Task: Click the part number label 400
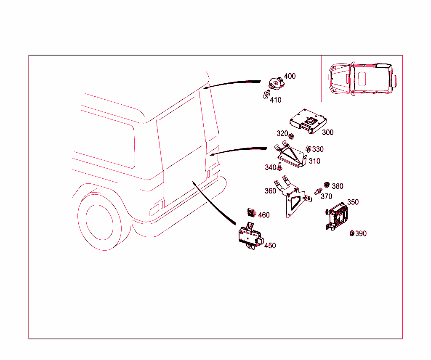click(290, 76)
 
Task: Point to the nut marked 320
click(291, 136)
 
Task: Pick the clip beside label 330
click(308, 149)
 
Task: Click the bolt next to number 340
click(280, 167)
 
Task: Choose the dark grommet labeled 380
click(326, 185)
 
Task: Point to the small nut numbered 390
click(352, 233)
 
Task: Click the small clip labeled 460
click(252, 213)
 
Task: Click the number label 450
click(270, 246)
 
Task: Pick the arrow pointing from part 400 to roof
click(231, 83)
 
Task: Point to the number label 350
click(353, 202)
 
